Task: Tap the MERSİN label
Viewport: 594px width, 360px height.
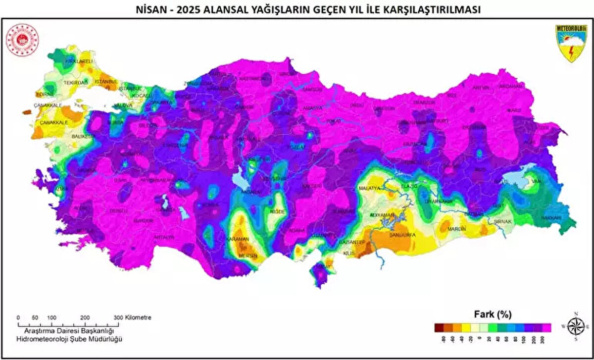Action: tap(248, 256)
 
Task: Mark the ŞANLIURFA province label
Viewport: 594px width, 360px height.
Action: tap(402, 234)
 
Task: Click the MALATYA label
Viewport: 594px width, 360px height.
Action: tap(369, 189)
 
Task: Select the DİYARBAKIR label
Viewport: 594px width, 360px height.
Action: tap(440, 202)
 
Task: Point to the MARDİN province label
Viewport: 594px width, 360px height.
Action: tap(457, 229)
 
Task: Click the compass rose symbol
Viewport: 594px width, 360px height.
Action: tap(576, 327)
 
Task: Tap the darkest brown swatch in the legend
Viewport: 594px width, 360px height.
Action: tap(439, 327)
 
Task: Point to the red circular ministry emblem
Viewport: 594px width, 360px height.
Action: tap(22, 40)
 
